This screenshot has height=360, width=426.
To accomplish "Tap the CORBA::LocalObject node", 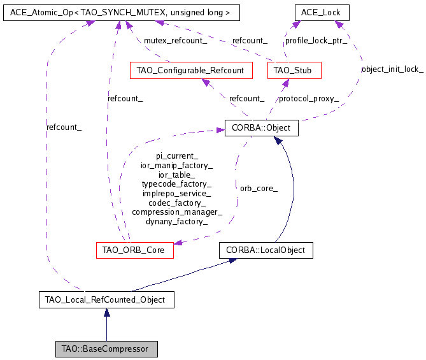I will (266, 250).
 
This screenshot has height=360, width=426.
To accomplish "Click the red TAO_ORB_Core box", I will (134, 250).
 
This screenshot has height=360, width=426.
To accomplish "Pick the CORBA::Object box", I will (261, 127).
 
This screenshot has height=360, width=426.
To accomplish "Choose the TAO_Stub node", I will (293, 70).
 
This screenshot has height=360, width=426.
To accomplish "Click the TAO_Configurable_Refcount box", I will (190, 70).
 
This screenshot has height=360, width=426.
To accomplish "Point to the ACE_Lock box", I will (322, 12).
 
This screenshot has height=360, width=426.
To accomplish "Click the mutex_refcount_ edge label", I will (175, 40).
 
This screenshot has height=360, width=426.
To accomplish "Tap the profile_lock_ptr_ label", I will (316, 40).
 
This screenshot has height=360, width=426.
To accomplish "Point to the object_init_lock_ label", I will (392, 69).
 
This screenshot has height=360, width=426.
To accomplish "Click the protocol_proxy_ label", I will (308, 99).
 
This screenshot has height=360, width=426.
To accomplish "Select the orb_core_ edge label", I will (259, 188).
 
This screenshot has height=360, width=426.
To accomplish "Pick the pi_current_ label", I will (177, 155).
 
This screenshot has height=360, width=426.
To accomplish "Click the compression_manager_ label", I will (177, 212).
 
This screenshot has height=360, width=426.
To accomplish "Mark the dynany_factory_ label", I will (177, 222).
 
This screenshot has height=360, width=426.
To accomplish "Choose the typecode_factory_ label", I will (177, 184).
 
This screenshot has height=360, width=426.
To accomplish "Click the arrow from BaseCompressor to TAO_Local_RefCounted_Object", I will (106, 325).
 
